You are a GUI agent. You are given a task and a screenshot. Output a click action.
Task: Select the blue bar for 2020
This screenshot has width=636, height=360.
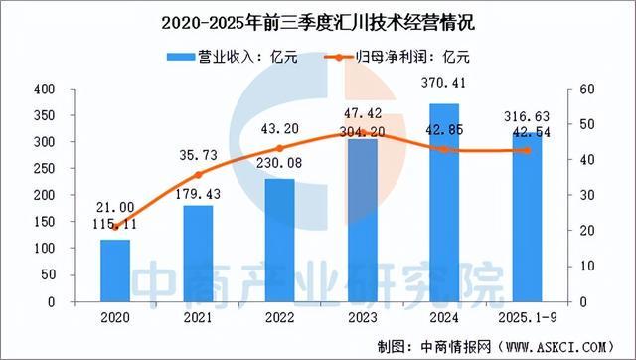(115, 270)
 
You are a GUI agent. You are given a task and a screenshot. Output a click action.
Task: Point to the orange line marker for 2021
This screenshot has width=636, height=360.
(198, 175)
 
